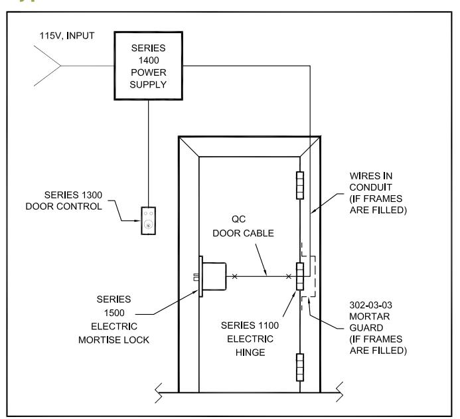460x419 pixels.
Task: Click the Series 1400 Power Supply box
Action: coord(149,66)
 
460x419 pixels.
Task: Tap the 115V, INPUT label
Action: coord(67,36)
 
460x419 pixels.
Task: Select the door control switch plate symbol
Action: coord(149,220)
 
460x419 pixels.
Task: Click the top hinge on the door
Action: coord(300,185)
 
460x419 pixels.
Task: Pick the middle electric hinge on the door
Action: coord(300,276)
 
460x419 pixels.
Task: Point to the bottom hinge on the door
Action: coord(300,367)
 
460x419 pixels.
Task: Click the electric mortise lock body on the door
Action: coord(214,276)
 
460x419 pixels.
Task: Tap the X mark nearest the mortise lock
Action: coord(235,276)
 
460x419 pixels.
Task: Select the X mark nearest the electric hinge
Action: coord(289,276)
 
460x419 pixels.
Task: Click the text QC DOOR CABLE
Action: coord(243,226)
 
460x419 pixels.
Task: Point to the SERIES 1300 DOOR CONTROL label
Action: coord(64,201)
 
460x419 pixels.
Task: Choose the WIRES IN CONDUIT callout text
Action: coord(378,193)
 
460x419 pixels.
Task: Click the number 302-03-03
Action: coord(371,305)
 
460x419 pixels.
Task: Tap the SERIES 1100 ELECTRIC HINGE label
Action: coord(250,339)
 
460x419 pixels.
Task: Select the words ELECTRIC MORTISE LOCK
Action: coord(114,333)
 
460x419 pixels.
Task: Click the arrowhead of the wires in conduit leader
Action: coord(313,211)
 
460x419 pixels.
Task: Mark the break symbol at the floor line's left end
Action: coord(159,393)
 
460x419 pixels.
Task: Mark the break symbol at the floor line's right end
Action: coord(339,392)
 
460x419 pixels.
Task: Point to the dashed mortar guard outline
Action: coord(315,276)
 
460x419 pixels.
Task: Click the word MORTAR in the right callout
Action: coord(370,317)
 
